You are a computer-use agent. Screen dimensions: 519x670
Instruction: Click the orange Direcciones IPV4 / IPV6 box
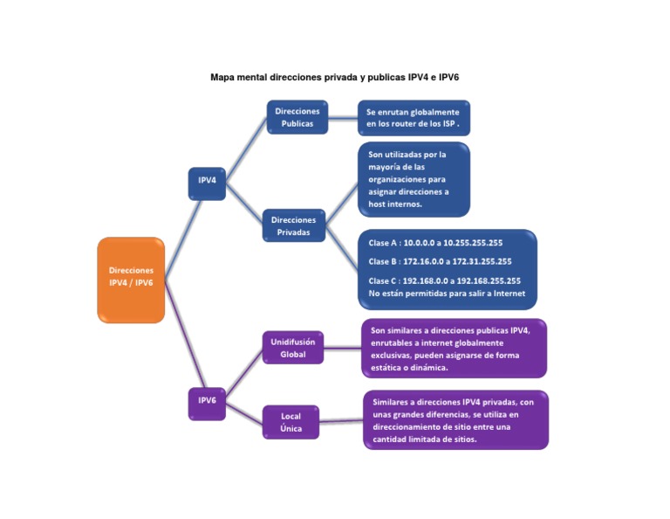click(131, 280)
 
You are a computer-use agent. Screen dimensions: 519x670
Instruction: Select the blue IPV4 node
click(207, 181)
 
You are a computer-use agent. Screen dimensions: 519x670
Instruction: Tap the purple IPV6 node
click(207, 401)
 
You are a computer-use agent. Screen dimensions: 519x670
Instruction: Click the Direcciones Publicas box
click(297, 117)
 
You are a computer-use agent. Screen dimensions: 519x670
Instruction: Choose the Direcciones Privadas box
click(293, 225)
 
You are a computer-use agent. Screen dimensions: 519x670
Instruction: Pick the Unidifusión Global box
click(292, 348)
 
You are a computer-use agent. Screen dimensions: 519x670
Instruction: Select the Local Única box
click(291, 422)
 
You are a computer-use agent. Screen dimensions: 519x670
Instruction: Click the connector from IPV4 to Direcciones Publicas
click(246, 144)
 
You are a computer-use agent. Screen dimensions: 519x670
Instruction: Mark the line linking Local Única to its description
click(341, 422)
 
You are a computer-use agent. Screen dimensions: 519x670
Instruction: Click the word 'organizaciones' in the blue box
click(400, 179)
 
